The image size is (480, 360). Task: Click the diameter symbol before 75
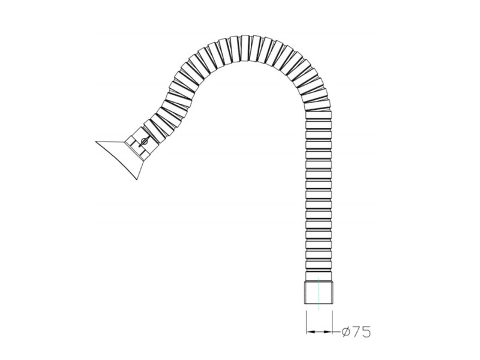click(x=346, y=331)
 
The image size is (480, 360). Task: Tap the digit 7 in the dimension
click(x=356, y=332)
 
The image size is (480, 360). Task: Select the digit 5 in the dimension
click(x=366, y=332)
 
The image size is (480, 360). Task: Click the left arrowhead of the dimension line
click(x=310, y=331)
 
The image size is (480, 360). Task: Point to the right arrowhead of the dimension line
click(x=328, y=331)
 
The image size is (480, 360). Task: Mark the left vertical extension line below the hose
click(x=306, y=322)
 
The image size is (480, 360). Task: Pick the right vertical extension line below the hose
click(x=332, y=322)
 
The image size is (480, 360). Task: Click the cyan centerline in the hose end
click(x=319, y=293)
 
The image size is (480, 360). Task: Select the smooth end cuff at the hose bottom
click(x=319, y=292)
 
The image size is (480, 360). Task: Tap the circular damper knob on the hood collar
click(x=144, y=142)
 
